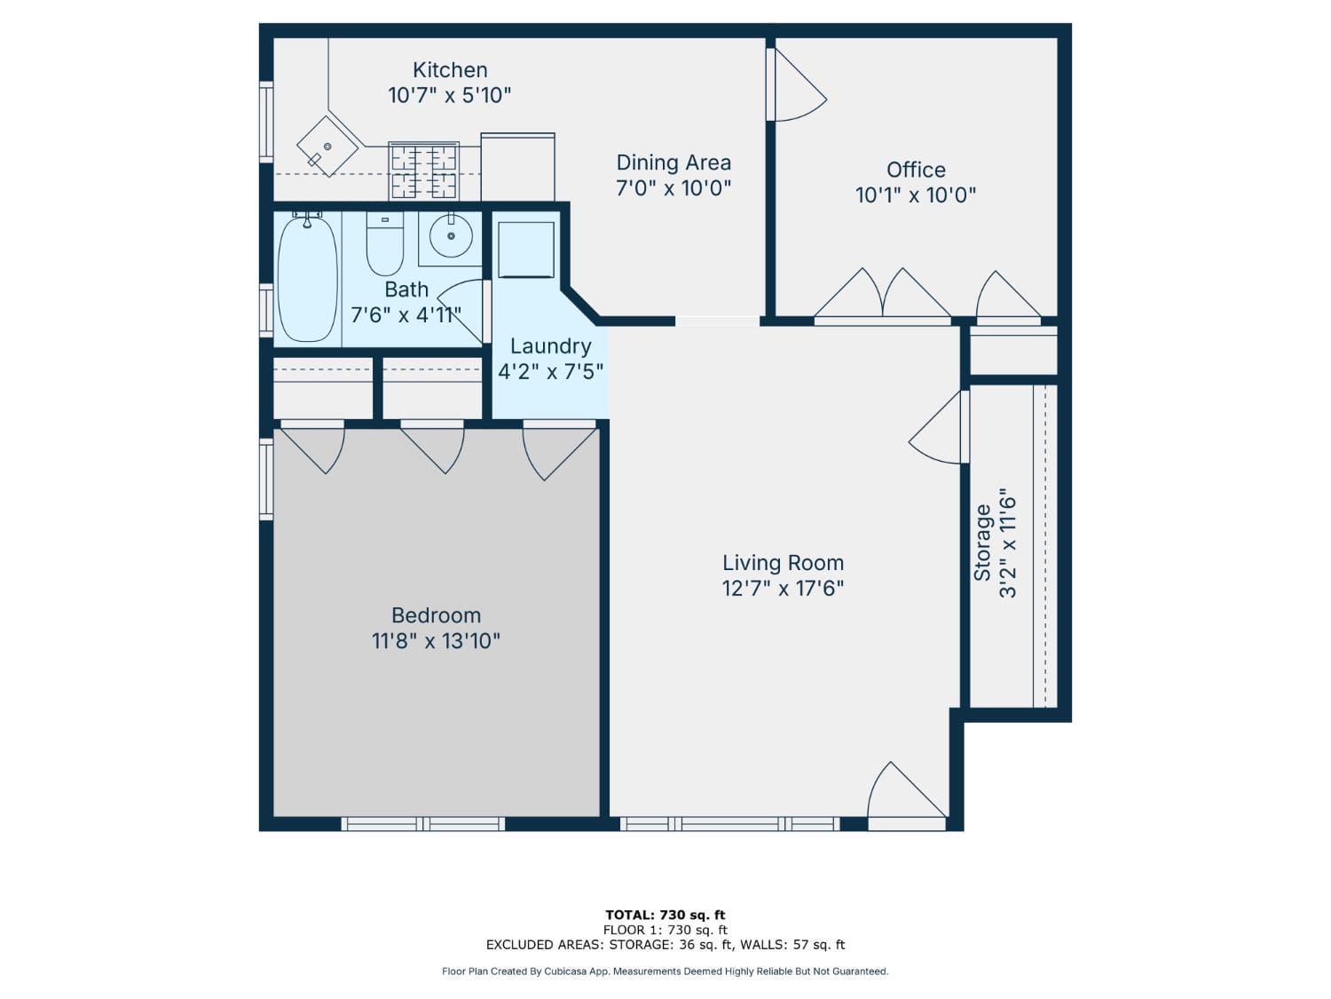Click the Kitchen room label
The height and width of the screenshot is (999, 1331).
pyautogui.click(x=450, y=70)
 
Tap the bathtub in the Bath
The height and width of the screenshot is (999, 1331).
pyautogui.click(x=307, y=279)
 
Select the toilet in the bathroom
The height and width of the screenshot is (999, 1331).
pyautogui.click(x=384, y=245)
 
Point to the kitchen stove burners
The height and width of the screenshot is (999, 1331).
pyautogui.click(x=424, y=171)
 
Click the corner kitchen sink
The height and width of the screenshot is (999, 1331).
pyautogui.click(x=327, y=147)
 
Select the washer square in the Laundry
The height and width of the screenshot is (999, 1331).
pyautogui.click(x=526, y=250)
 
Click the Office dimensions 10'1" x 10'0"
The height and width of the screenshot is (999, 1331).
pyautogui.click(x=916, y=195)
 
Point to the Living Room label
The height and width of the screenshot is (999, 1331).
pyautogui.click(x=783, y=563)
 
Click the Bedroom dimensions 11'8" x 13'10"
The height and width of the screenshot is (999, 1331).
pyautogui.click(x=436, y=641)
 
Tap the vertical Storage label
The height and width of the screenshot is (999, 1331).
pyautogui.click(x=982, y=543)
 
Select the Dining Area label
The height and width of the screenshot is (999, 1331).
pyautogui.click(x=673, y=163)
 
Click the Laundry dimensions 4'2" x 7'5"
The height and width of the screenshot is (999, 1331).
pyautogui.click(x=550, y=371)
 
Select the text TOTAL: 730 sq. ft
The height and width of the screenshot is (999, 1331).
pyautogui.click(x=665, y=915)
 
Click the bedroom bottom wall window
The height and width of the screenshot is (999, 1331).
pyautogui.click(x=423, y=824)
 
